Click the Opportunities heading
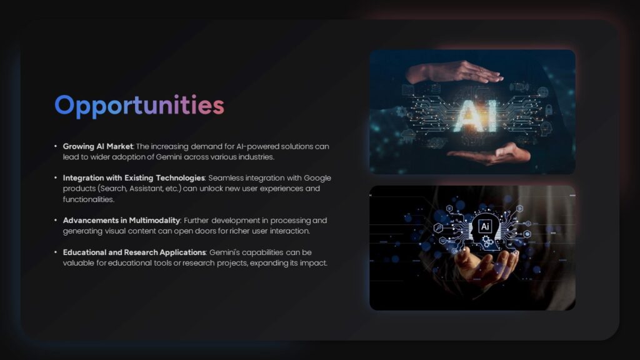click(x=139, y=106)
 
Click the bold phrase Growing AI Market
click(x=97, y=146)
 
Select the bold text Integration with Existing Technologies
click(x=134, y=178)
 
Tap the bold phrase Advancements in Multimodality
click(x=121, y=221)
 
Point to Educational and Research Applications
click(x=134, y=252)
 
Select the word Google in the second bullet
click(x=317, y=178)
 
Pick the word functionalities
click(x=88, y=199)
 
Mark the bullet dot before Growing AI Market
click(x=56, y=146)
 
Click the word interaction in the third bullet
click(x=272, y=231)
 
